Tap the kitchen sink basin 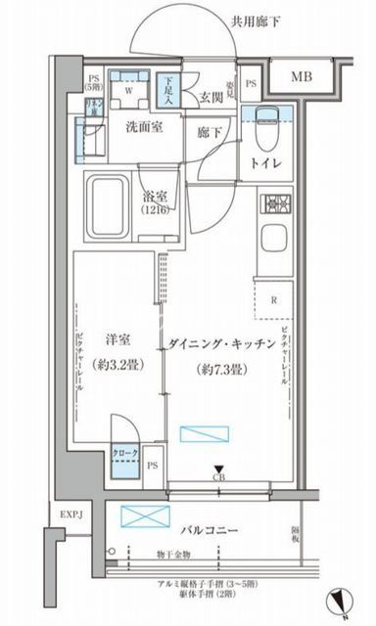click(272, 241)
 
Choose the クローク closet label click(125, 452)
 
